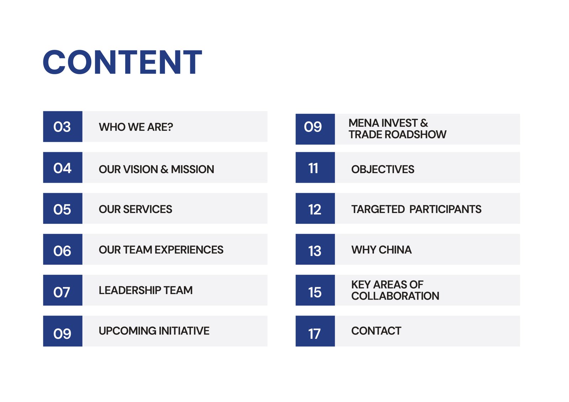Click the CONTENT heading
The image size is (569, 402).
click(122, 63)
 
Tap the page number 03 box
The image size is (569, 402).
click(63, 127)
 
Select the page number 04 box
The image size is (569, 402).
click(63, 167)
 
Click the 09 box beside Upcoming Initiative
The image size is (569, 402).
click(63, 331)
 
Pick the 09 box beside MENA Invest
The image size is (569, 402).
click(315, 129)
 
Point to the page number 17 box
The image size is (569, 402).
click(315, 331)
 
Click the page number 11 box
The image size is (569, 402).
click(315, 167)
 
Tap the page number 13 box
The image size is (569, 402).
click(315, 249)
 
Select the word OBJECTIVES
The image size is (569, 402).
click(383, 169)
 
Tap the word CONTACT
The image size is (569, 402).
click(376, 331)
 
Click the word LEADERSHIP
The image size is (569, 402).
click(130, 290)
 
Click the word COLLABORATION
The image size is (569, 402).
click(395, 296)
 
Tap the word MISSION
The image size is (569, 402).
click(192, 170)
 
